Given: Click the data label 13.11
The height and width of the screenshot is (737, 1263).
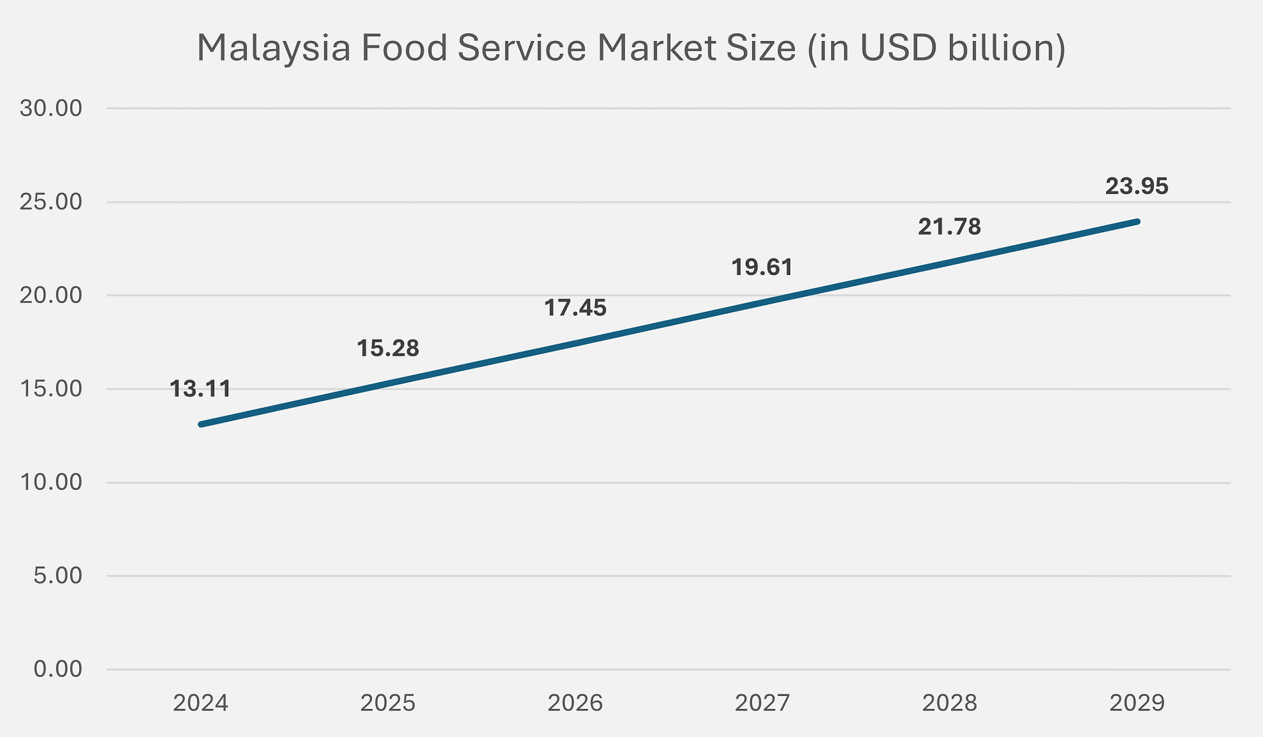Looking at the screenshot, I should (200, 390).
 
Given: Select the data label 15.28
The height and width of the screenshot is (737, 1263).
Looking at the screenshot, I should (388, 349).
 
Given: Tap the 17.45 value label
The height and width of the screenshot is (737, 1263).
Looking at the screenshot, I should (575, 308).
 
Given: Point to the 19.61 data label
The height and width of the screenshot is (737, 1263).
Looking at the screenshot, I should (762, 267).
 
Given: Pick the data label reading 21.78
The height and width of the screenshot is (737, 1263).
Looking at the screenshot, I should (949, 227).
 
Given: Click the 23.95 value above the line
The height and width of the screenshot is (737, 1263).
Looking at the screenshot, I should (1137, 186).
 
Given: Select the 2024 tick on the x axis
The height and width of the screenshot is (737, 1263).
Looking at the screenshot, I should (200, 703).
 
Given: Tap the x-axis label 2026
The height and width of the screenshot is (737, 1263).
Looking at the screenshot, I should (575, 703).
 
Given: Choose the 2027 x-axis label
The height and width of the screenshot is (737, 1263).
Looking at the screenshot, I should (762, 703).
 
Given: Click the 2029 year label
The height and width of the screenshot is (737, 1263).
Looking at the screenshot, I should (1137, 703).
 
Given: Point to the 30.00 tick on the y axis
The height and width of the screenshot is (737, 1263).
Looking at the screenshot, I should (50, 109).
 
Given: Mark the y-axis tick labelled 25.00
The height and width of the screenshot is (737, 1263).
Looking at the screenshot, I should (50, 202).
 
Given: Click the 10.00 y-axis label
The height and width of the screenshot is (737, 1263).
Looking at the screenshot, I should (50, 482).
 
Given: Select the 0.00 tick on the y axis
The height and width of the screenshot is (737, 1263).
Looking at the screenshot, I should (57, 669).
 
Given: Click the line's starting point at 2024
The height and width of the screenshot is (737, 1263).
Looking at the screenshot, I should (201, 424).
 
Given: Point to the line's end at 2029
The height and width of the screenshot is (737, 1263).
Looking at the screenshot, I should (1137, 221).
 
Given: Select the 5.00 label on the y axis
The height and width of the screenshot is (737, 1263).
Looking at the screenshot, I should (57, 575).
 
